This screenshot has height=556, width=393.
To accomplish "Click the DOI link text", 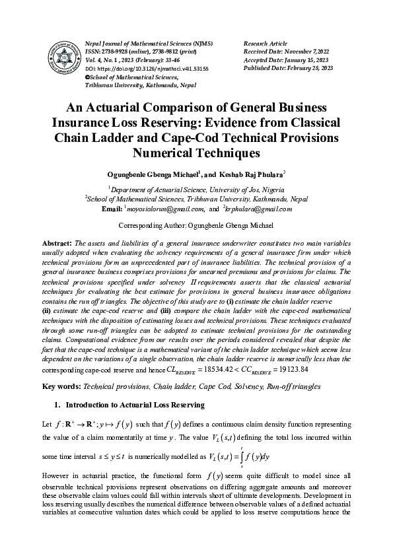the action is pyautogui.click(x=133, y=69).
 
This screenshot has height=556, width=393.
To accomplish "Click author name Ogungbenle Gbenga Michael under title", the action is pyautogui.click(x=151, y=175).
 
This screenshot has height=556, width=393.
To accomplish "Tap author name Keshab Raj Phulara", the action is pyautogui.click(x=253, y=175).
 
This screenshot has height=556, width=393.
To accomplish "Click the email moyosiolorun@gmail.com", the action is pyautogui.click(x=164, y=209).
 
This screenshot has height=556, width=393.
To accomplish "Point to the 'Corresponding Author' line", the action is pyautogui.click(x=196, y=226).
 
